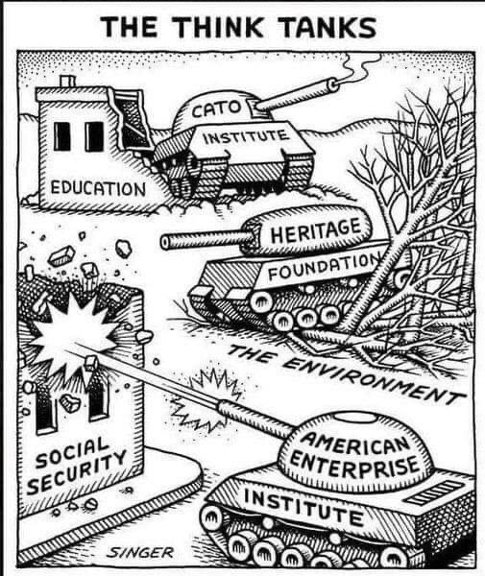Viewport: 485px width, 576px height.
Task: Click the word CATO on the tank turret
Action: tap(216, 109)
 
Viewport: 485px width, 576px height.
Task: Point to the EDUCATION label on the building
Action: tap(98, 188)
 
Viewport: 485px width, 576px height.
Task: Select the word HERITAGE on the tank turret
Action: tap(316, 230)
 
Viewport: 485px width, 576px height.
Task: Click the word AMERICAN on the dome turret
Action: tap(355, 443)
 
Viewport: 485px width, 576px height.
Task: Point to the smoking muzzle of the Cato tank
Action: tap(333, 84)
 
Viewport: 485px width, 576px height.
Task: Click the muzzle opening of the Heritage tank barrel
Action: tap(166, 242)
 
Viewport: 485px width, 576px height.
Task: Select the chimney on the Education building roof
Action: tap(68, 82)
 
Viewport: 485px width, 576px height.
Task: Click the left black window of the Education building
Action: tap(62, 136)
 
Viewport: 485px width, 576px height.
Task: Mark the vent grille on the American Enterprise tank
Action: tap(433, 493)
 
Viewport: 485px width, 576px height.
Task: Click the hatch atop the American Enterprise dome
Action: tap(354, 418)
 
